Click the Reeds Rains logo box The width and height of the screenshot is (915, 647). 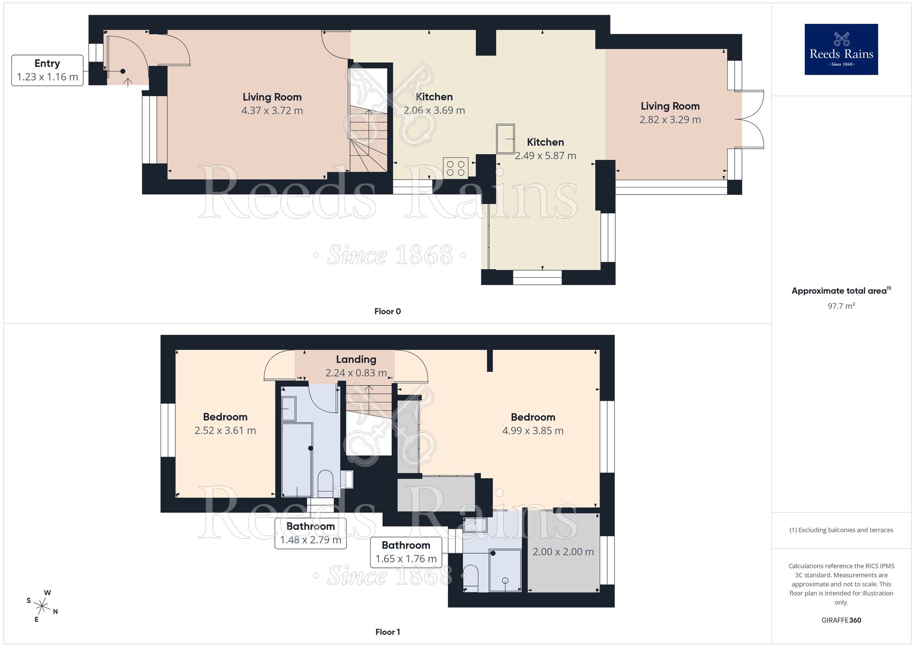click(x=841, y=49)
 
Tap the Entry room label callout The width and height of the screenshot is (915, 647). click(x=47, y=70)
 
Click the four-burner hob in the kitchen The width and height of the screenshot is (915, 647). click(x=455, y=168)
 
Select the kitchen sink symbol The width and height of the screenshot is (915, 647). click(x=506, y=138)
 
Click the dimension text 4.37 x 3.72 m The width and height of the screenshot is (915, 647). click(x=272, y=111)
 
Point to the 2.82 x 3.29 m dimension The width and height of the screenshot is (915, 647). click(x=670, y=120)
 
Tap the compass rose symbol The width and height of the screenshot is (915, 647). click(x=42, y=607)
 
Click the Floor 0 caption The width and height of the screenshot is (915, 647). click(x=387, y=311)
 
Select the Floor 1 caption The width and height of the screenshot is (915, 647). click(x=387, y=632)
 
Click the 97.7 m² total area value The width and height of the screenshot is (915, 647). click(x=841, y=306)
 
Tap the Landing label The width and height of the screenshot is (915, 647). click(x=356, y=360)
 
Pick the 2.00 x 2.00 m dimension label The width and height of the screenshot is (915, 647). click(x=563, y=552)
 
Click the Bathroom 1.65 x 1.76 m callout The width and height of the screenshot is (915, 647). click(x=406, y=552)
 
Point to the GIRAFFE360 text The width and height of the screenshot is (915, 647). click(x=841, y=620)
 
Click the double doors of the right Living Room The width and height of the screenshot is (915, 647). click(x=750, y=119)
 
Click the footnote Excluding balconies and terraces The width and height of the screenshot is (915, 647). click(x=841, y=530)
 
